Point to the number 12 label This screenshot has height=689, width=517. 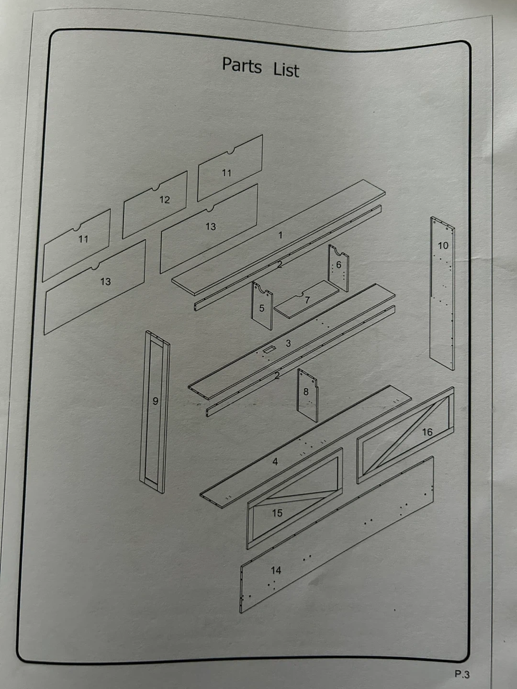coord(165,200)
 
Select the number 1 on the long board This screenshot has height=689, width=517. coord(281,235)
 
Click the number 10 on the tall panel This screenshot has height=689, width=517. coord(443,245)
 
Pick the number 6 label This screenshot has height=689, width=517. coord(338,265)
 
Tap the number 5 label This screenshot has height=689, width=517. coord(261,308)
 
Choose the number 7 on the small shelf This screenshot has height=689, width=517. coord(307,300)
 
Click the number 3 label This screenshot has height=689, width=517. coord(288,344)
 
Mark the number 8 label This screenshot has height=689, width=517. coord(306,391)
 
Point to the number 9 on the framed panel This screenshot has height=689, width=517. coord(156,401)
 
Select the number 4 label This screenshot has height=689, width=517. coord(275,461)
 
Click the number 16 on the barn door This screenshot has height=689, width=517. coord(427,432)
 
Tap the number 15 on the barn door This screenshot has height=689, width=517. coord(277,513)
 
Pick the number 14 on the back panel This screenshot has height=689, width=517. coord(276,570)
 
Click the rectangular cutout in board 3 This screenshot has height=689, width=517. coord(269,349)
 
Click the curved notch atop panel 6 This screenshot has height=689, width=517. coord(338,251)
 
